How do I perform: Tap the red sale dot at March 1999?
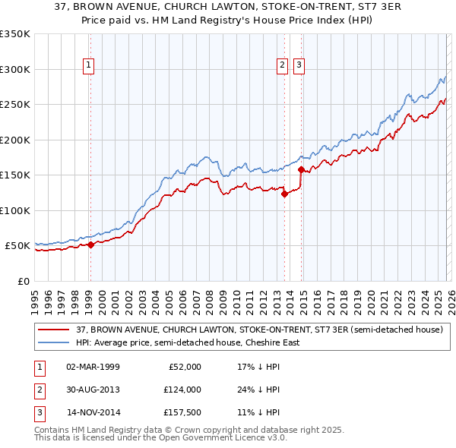90,245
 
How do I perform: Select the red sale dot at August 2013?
284,194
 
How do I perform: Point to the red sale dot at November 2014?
301,170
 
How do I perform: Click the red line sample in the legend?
54,330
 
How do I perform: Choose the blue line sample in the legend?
54,342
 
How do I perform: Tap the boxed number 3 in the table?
39,413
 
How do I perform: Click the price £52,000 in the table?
183,366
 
